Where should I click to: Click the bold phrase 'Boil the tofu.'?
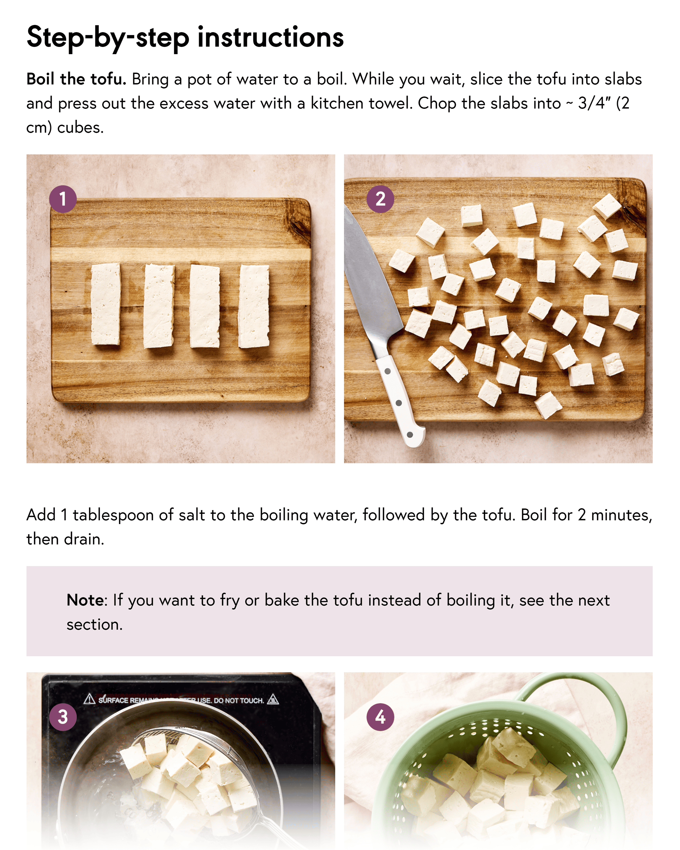pyautogui.click(x=76, y=79)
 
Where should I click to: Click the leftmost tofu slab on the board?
pyautogui.click(x=106, y=304)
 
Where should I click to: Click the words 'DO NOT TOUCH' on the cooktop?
pyautogui.click(x=239, y=701)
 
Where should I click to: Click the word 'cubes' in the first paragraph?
pyautogui.click(x=80, y=128)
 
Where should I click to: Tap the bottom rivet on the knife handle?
pyautogui.click(x=410, y=435)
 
